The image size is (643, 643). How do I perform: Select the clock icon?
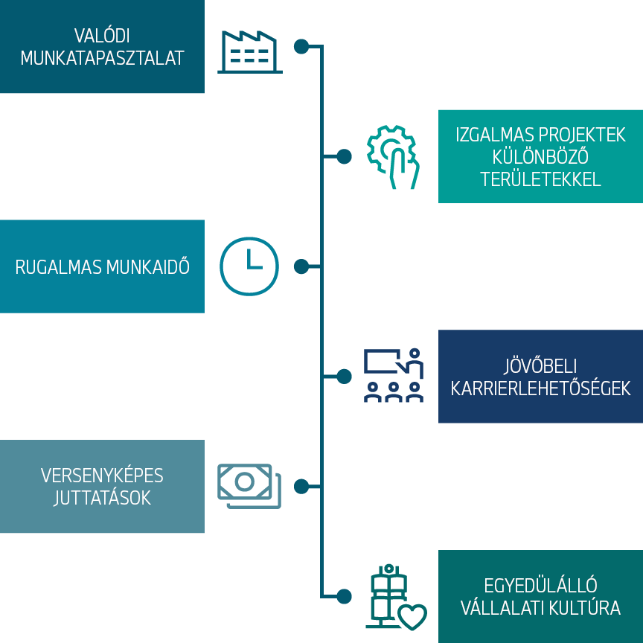click(x=249, y=266)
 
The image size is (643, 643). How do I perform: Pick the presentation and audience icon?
click(x=394, y=375)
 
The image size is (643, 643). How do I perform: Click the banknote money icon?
click(x=249, y=486)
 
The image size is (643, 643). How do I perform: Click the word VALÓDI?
click(x=101, y=36)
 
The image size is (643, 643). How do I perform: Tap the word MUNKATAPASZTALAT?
click(x=102, y=59)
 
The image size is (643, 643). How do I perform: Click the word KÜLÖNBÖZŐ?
click(x=540, y=157)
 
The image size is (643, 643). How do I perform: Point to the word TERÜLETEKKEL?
click(x=540, y=179)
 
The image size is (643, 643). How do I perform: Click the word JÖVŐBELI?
click(x=540, y=366)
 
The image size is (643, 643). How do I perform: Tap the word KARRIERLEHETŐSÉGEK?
click(x=540, y=388)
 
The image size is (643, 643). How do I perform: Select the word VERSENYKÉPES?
click(x=102, y=476)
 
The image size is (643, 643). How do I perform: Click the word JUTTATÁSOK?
click(x=102, y=498)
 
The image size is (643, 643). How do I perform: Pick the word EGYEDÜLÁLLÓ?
click(x=540, y=586)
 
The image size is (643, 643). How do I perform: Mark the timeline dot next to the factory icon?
click(x=301, y=46)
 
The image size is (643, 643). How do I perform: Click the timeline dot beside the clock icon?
click(x=301, y=266)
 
